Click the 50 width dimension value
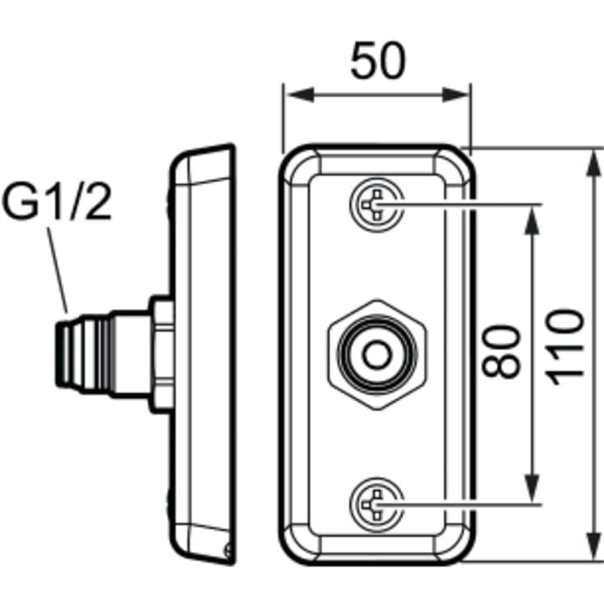(378, 61)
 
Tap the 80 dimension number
(501, 353)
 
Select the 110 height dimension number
(565, 347)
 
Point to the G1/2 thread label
(57, 201)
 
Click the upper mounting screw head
(377, 205)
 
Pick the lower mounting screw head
(377, 505)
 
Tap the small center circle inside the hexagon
(377, 354)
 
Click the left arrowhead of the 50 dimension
(301, 95)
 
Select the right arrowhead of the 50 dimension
(454, 95)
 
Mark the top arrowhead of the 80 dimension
(533, 220)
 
